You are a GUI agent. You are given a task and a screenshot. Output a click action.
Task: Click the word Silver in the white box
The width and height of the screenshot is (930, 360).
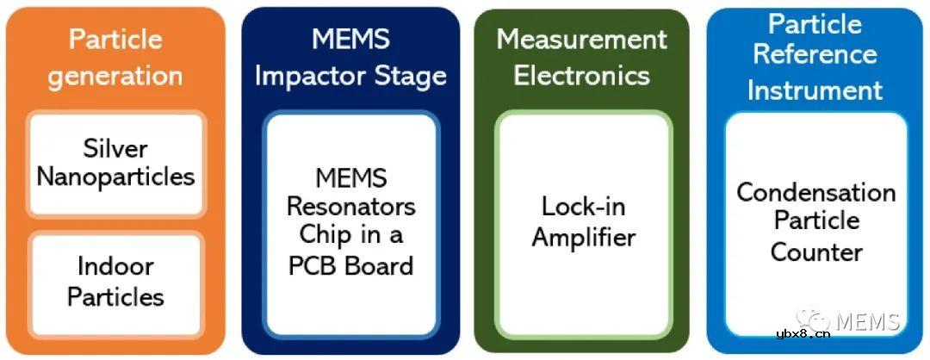(x=115, y=148)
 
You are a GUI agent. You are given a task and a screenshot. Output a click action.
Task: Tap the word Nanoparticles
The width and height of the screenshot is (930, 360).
(x=115, y=177)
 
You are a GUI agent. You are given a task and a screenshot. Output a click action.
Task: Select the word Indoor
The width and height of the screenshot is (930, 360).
(x=115, y=267)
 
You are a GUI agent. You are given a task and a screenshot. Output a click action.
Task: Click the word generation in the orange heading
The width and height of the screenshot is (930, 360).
(x=115, y=77)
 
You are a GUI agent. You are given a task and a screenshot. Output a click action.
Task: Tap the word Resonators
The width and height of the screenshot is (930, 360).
(x=351, y=207)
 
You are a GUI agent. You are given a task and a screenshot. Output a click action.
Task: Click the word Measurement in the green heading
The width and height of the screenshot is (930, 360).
(x=581, y=40)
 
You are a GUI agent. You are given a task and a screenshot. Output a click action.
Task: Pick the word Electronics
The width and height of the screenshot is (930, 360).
(x=582, y=77)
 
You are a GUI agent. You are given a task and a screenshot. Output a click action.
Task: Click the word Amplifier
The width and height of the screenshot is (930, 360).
(x=584, y=237)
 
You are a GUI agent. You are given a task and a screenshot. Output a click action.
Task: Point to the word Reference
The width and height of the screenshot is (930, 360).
(x=815, y=54)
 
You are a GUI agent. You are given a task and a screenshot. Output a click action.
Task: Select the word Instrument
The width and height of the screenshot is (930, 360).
(x=815, y=90)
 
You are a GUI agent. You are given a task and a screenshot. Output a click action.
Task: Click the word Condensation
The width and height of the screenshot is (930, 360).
(x=816, y=192)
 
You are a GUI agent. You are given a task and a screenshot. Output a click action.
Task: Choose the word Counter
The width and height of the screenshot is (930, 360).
(x=816, y=252)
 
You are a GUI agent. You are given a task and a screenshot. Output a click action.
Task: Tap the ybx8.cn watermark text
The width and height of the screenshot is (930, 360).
(x=803, y=334)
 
